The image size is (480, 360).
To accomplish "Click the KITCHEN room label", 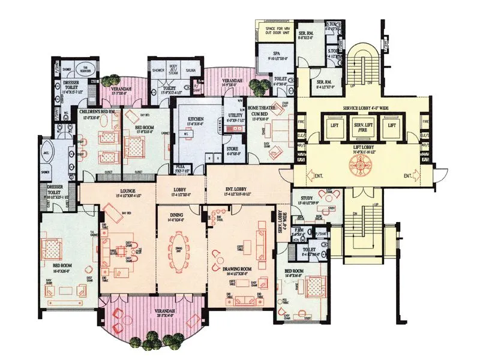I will click(196, 119).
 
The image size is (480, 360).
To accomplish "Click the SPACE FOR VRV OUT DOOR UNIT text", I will click(274, 30).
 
